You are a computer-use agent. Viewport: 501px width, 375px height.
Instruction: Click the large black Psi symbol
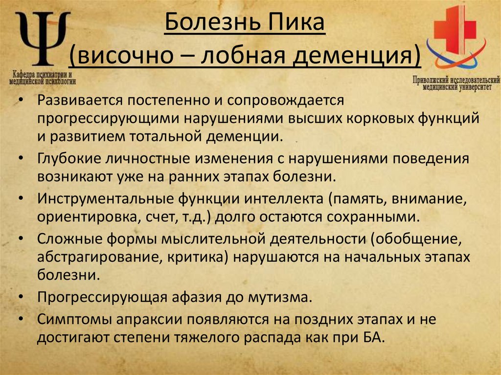(43, 38)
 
